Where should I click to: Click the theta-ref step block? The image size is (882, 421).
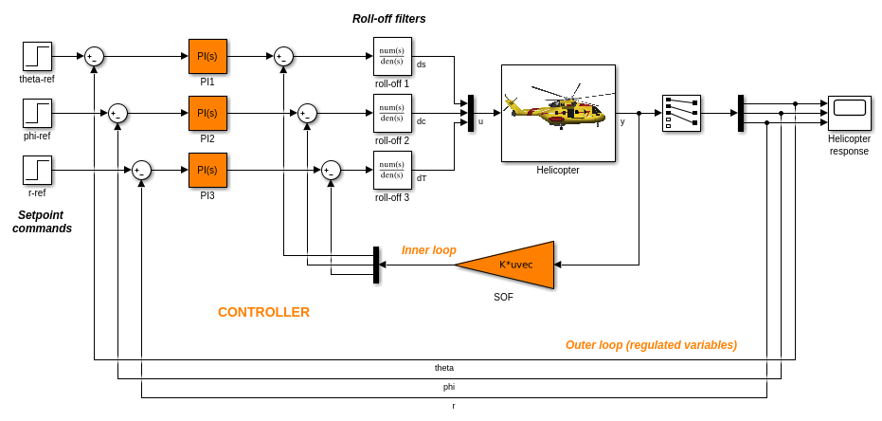pyautogui.click(x=38, y=56)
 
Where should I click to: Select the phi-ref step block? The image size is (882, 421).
pyautogui.click(x=38, y=113)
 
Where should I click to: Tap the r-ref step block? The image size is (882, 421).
pyautogui.click(x=38, y=170)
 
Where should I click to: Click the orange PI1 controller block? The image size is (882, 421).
pyautogui.click(x=207, y=56)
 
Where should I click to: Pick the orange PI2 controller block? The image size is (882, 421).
pyautogui.click(x=207, y=113)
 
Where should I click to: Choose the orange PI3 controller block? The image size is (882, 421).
pyautogui.click(x=207, y=170)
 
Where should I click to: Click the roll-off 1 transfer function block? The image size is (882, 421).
pyautogui.click(x=392, y=56)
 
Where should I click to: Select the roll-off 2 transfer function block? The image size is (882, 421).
pyautogui.click(x=392, y=113)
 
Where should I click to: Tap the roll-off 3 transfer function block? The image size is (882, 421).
pyautogui.click(x=392, y=170)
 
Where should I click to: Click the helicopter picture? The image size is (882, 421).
pyautogui.click(x=558, y=113)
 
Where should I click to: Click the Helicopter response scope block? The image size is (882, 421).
pyautogui.click(x=849, y=113)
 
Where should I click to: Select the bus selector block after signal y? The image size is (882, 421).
pyautogui.click(x=681, y=113)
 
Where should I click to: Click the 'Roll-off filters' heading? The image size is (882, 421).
pyautogui.click(x=389, y=19)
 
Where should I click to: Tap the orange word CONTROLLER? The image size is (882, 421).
pyautogui.click(x=263, y=312)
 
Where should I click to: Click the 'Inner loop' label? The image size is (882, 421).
pyautogui.click(x=429, y=250)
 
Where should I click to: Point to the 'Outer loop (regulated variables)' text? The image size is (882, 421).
pyautogui.click(x=651, y=345)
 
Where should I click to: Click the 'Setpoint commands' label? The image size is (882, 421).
pyautogui.click(x=42, y=222)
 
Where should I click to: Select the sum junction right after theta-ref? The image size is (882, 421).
pyautogui.click(x=94, y=56)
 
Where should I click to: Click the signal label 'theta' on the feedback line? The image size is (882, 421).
pyautogui.click(x=444, y=368)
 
